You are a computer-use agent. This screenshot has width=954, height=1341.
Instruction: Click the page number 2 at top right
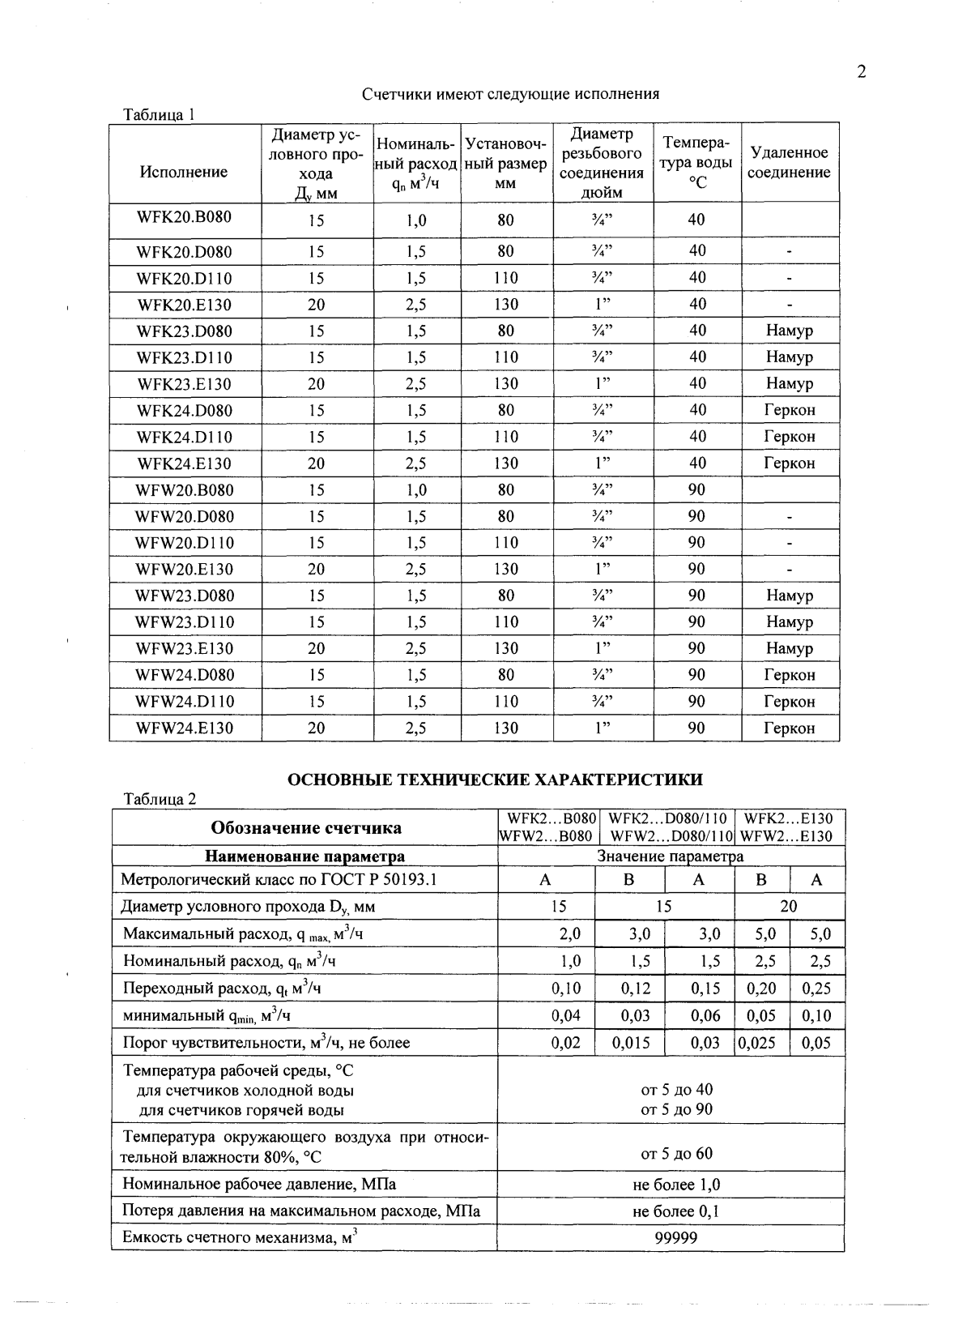pyautogui.click(x=862, y=73)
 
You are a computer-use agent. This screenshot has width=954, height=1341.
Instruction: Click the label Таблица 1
pyautogui.click(x=159, y=114)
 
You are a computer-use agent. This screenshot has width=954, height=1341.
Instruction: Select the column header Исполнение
pyautogui.click(x=184, y=172)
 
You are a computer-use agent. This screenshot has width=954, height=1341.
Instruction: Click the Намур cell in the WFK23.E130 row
pyautogui.click(x=789, y=383)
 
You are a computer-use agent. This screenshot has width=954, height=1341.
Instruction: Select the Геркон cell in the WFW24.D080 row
pyautogui.click(x=789, y=675)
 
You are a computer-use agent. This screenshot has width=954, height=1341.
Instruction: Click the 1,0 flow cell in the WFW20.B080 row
pyautogui.click(x=416, y=490)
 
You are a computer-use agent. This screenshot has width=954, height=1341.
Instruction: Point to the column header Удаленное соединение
pyautogui.click(x=789, y=163)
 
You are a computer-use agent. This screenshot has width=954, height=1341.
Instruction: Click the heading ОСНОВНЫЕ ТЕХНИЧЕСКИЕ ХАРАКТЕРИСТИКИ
pyautogui.click(x=495, y=780)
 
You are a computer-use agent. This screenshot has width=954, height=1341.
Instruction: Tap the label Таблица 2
pyautogui.click(x=160, y=799)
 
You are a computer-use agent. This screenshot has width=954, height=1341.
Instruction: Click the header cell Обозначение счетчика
pyautogui.click(x=306, y=828)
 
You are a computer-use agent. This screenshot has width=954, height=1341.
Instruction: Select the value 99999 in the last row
pyautogui.click(x=676, y=1237)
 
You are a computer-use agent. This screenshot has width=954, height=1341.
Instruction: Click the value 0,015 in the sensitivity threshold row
pyautogui.click(x=631, y=1043)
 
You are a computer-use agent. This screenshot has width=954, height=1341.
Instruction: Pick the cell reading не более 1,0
pyautogui.click(x=676, y=1185)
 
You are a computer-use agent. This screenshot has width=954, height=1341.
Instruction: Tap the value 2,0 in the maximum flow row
pyautogui.click(x=569, y=934)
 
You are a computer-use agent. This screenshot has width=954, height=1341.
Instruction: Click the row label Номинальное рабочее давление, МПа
pyautogui.click(x=259, y=1184)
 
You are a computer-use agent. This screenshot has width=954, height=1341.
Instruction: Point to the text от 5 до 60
pyautogui.click(x=676, y=1153)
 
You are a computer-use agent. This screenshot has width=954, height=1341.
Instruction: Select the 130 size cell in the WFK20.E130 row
pyautogui.click(x=506, y=305)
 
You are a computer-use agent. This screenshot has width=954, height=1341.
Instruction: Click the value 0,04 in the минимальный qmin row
pyautogui.click(x=566, y=1015)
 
